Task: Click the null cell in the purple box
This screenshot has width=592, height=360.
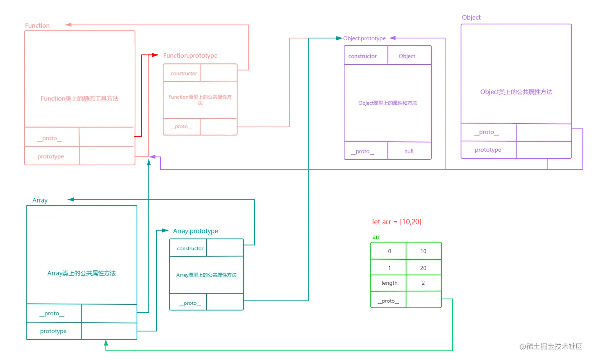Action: pos(409,151)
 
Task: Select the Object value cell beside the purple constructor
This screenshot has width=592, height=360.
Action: pos(407,56)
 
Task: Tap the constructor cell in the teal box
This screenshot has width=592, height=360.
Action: pos(190,248)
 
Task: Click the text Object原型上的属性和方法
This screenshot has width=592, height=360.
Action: pos(388,103)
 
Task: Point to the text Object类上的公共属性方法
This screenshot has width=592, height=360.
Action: pos(516,92)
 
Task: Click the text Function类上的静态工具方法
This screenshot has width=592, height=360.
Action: pos(79,99)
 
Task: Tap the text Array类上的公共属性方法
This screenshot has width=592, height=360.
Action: pos(81,273)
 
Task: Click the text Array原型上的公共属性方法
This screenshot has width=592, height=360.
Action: pos(206,275)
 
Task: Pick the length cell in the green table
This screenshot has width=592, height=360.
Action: pos(389,283)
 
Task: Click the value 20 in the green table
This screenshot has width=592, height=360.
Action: pos(423,268)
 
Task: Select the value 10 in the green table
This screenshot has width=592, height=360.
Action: pos(423,251)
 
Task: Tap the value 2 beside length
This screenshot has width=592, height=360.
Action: pos(423,283)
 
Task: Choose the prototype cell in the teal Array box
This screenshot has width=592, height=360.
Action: pos(53,331)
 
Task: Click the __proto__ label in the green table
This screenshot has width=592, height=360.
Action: pos(388,301)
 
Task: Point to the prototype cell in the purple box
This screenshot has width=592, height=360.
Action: pos(488,150)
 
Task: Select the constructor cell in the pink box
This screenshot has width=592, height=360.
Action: pos(184,73)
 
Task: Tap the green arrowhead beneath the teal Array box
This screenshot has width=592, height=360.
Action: pos(105,344)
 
